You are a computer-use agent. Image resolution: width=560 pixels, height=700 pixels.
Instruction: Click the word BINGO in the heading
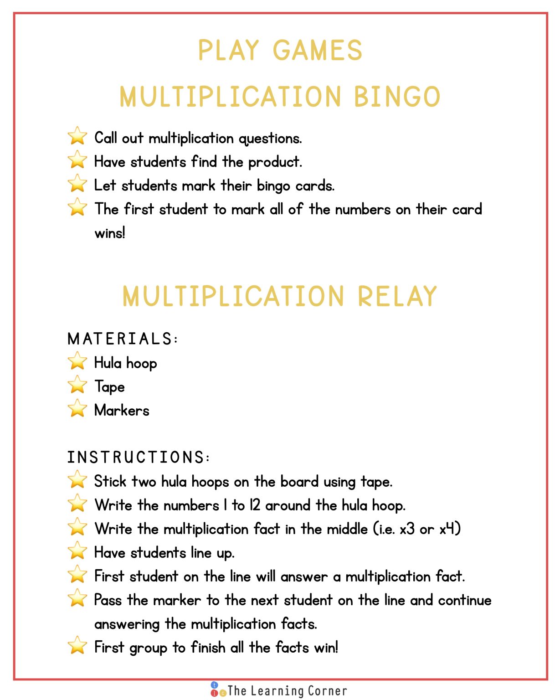(x=397, y=97)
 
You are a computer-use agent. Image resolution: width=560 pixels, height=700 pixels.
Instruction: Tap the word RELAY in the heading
(x=397, y=296)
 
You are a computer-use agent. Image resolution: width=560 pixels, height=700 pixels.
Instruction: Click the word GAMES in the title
(x=318, y=50)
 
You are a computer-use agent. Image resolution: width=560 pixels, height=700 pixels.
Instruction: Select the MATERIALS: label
(x=123, y=339)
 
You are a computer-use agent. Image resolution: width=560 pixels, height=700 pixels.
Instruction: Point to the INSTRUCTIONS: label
(x=139, y=458)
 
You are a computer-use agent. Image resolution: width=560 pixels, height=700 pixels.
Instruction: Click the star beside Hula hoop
(x=77, y=361)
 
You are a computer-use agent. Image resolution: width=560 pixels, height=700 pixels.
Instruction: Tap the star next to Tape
(x=77, y=385)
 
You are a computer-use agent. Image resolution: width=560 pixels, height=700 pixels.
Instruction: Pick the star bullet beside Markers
(x=77, y=409)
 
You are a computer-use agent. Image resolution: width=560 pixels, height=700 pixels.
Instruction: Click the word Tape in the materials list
(x=109, y=387)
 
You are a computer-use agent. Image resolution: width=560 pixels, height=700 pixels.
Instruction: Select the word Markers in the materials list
(x=122, y=410)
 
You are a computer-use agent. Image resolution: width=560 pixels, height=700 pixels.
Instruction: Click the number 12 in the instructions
(x=255, y=505)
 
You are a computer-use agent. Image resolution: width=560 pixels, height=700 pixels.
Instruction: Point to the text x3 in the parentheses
(x=407, y=529)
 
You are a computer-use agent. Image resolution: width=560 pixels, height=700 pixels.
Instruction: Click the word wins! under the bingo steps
(x=109, y=233)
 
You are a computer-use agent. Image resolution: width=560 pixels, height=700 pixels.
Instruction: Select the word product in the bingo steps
(x=274, y=162)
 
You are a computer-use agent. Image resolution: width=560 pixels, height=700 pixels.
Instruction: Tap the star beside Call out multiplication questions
(x=77, y=136)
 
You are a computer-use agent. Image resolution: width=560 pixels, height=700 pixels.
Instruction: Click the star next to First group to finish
(x=77, y=646)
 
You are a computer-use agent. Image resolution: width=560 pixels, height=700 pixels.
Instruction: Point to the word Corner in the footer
(x=327, y=691)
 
